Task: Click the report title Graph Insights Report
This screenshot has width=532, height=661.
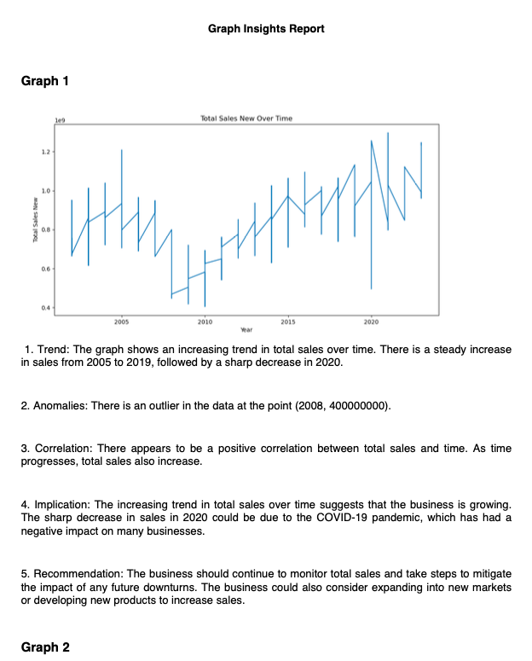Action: click(266, 29)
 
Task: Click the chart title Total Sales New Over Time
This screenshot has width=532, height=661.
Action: click(246, 119)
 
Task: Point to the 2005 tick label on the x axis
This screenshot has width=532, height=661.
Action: click(121, 322)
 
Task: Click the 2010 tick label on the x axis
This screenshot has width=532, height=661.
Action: click(205, 322)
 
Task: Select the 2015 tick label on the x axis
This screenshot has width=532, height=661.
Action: click(288, 322)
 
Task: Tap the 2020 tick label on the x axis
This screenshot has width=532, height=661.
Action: click(371, 322)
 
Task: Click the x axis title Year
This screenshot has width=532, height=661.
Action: click(246, 328)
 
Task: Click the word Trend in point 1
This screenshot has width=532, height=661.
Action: click(53, 351)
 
